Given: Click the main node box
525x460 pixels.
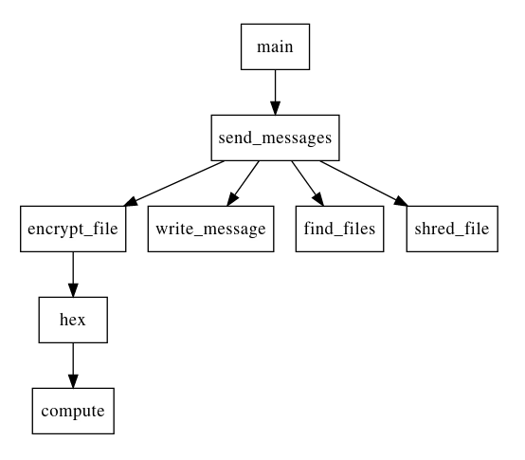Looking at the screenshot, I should [274, 46].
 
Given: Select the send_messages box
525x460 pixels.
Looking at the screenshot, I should [274, 138].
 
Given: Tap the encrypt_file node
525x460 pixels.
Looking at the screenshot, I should [73, 229].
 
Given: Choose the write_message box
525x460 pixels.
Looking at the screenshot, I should [211, 229].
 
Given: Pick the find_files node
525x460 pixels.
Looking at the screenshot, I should [339, 229].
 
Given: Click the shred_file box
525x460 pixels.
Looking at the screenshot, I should [452, 229].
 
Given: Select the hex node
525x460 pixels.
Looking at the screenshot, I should [73, 320].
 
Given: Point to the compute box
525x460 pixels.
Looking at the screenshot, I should [73, 411].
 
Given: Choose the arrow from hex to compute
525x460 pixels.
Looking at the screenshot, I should [73, 364].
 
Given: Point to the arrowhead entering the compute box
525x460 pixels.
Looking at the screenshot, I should [73, 381].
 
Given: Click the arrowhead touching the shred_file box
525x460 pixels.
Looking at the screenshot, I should [399, 201].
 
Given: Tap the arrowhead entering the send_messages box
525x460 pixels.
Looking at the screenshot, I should [274, 108].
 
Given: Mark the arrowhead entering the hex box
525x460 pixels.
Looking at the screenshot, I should [73, 290].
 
